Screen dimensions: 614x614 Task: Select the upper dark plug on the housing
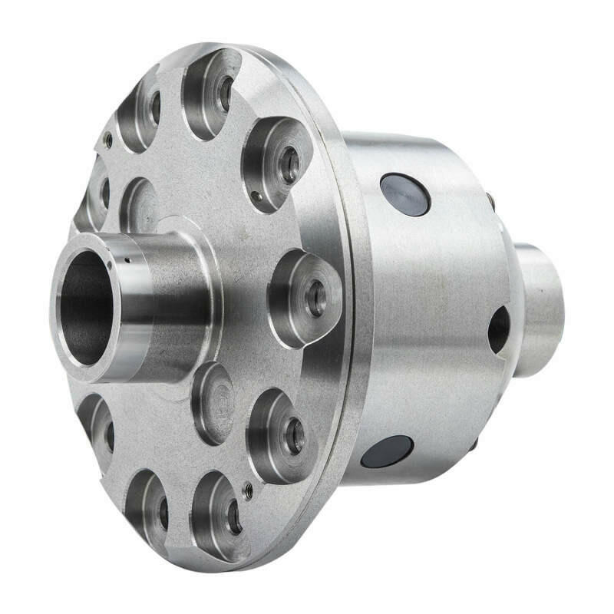point(404,194)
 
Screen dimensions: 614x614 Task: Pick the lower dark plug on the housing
point(387,453)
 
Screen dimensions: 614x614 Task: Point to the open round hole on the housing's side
point(499,329)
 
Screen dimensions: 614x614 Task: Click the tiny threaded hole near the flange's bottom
point(247,492)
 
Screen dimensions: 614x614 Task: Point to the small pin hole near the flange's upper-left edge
point(108,141)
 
